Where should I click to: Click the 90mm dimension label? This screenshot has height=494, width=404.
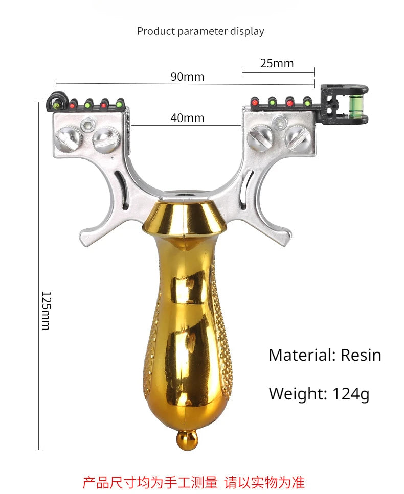(x=187, y=77)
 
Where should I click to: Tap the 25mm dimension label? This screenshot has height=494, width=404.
(x=277, y=63)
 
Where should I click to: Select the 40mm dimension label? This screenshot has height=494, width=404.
(x=187, y=118)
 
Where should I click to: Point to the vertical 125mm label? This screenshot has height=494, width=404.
(x=46, y=311)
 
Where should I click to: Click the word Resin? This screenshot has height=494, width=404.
(x=361, y=355)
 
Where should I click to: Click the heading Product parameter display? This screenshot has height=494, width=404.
(x=200, y=31)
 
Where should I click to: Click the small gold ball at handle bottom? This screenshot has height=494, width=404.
(x=187, y=440)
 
